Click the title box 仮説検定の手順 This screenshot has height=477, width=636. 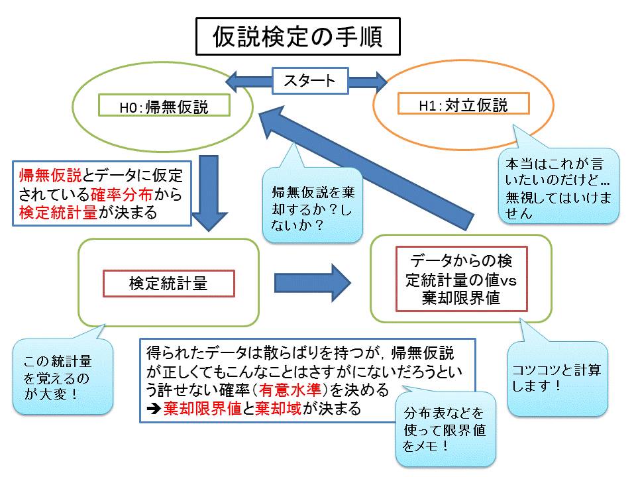tap(298, 36)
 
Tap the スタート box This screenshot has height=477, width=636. tap(310, 81)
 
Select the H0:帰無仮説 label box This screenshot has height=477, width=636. tap(164, 105)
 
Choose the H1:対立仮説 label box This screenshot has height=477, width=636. tap(464, 103)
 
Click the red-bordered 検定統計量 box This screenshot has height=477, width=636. tap(169, 284)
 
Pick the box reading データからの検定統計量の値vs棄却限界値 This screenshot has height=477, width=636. tap(462, 279)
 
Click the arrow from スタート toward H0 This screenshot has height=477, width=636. tap(248, 81)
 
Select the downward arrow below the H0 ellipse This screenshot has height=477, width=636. tap(209, 193)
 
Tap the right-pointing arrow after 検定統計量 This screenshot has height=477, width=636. tap(313, 283)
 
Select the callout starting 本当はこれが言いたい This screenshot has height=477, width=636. tap(558, 185)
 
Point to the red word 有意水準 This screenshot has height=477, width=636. tap(290, 390)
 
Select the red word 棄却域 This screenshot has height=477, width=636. tap(279, 408)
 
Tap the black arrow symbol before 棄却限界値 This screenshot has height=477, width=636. tap(154, 409)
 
